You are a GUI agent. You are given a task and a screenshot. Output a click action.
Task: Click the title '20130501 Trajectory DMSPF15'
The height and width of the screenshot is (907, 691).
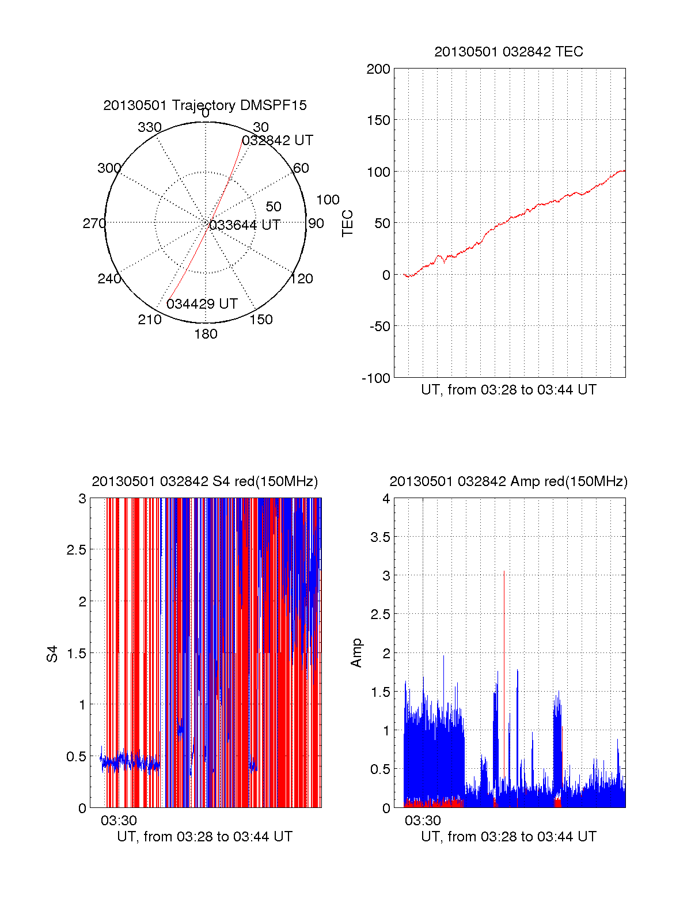[x=205, y=105]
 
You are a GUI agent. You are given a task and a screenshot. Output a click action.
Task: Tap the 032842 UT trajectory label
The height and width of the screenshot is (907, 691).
[x=278, y=141]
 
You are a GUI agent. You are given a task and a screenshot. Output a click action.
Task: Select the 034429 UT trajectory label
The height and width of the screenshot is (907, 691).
[x=202, y=303]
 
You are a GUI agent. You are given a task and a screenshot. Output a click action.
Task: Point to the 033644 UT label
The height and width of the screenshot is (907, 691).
[x=245, y=225]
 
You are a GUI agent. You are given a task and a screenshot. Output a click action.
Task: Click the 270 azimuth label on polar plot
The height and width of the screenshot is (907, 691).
[x=94, y=223]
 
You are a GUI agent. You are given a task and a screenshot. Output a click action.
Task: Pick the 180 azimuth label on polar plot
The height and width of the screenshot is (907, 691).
[x=206, y=334]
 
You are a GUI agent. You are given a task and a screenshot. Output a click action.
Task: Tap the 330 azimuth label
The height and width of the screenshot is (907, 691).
[x=150, y=127]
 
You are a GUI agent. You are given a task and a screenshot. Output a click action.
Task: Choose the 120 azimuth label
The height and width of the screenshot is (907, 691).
[x=302, y=279]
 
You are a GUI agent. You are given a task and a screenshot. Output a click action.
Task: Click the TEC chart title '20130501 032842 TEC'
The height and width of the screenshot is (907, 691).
[x=508, y=52]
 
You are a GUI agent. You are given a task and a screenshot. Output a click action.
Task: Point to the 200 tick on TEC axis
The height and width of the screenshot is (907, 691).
[x=378, y=69]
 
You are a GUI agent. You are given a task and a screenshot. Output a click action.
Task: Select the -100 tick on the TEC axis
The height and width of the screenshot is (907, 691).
[x=376, y=378]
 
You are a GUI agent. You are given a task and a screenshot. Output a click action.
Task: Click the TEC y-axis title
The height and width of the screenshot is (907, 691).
[x=347, y=223]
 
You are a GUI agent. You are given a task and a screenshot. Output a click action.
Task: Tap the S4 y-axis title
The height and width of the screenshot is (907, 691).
[x=52, y=654]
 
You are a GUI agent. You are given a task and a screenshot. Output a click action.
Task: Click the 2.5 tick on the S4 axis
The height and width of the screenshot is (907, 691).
[x=77, y=550]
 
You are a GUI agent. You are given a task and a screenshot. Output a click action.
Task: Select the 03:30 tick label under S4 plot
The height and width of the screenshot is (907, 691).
[x=119, y=820]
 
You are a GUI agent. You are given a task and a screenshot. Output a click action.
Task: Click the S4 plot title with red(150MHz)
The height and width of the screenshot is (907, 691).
[x=205, y=481]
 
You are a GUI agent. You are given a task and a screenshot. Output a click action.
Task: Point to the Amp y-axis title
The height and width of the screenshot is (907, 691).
[x=356, y=652]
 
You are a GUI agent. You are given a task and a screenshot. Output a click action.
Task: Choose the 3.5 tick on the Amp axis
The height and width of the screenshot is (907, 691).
[x=380, y=537]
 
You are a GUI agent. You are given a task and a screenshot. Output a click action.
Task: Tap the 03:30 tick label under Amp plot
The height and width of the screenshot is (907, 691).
[x=423, y=820]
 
